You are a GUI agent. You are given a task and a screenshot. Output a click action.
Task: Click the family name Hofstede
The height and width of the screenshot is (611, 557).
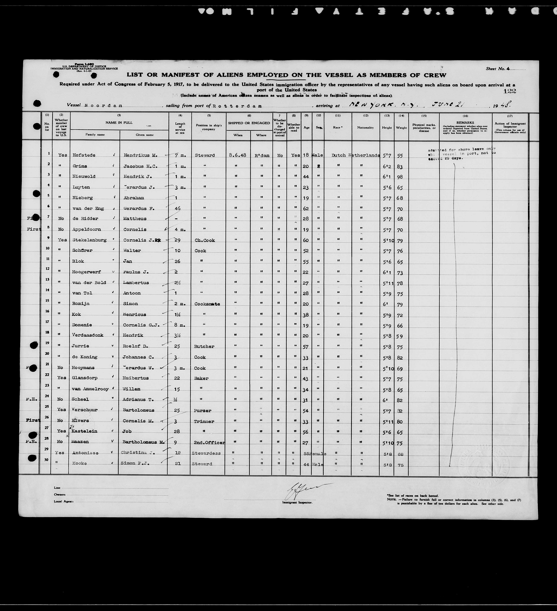[x=84, y=155]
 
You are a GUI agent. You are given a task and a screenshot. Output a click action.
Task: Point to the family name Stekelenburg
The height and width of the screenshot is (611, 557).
[x=89, y=240]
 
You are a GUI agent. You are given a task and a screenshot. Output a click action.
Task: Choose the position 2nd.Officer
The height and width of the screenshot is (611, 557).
[x=209, y=443]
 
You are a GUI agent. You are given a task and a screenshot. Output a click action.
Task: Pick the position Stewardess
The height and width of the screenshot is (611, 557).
[x=206, y=453]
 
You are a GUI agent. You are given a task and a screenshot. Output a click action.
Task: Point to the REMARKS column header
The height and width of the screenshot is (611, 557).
[x=465, y=123]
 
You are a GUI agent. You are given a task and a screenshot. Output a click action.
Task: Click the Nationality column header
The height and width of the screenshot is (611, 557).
[x=366, y=128]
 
